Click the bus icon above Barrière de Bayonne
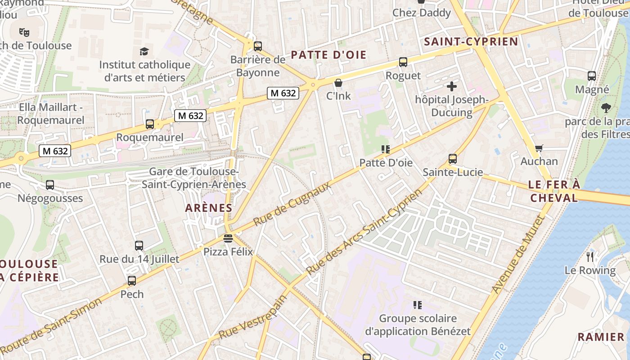point(258,46)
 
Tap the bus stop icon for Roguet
point(403,62)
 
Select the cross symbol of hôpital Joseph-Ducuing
point(452,86)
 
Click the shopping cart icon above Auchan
point(539,148)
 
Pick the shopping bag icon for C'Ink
point(338,83)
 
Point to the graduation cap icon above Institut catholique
point(144,51)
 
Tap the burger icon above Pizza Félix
point(228,238)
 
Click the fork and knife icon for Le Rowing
point(590,257)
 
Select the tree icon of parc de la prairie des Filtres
point(606,108)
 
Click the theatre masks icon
point(24,32)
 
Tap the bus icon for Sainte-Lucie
point(452,158)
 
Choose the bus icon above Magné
point(592,76)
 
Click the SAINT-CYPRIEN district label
point(471,42)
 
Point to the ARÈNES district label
point(208,208)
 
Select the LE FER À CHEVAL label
point(554,191)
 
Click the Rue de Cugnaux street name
point(292,204)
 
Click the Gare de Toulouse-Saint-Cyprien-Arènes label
point(194,178)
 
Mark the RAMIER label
point(601,337)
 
